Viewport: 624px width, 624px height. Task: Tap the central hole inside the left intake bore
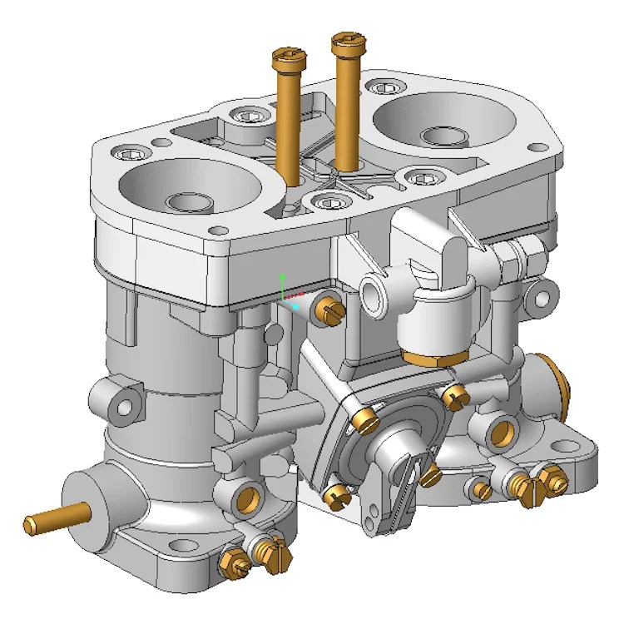tap(187, 201)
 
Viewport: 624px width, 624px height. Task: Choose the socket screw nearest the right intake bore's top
tap(382, 86)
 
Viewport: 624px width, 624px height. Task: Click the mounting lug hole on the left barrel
tap(126, 406)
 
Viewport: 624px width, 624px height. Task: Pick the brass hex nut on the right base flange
tap(549, 475)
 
